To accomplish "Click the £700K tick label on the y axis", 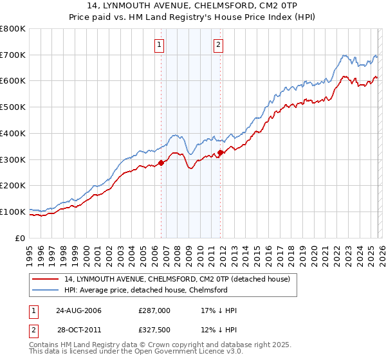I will pyautogui.click(x=13, y=55).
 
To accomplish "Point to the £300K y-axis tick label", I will pyautogui.click(x=13, y=159).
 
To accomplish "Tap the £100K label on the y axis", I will pyautogui.click(x=13, y=212).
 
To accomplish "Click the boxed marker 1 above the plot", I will pyautogui.click(x=159, y=44).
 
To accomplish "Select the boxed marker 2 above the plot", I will pyautogui.click(x=219, y=44).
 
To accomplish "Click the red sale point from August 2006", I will pyautogui.click(x=161, y=163).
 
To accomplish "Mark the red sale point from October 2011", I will pyautogui.click(x=220, y=152).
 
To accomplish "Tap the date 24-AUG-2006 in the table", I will pyautogui.click(x=78, y=310).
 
